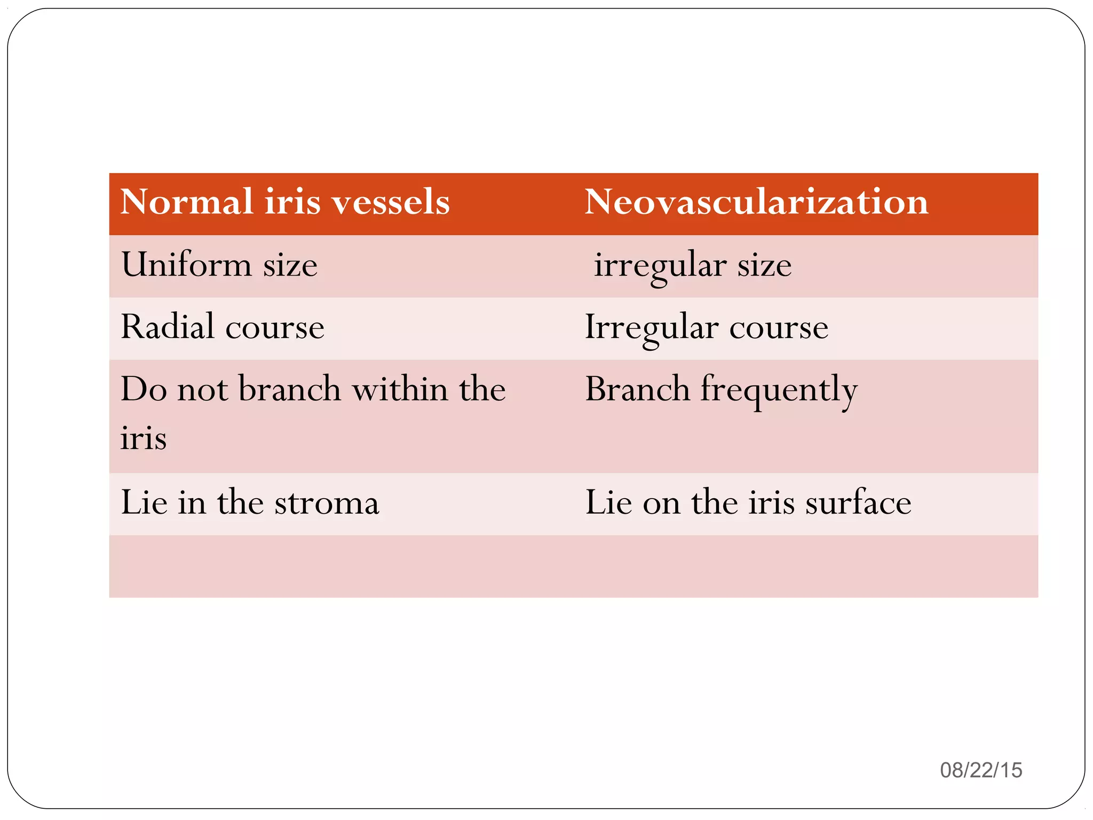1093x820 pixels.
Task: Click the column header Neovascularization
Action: pyautogui.click(x=756, y=202)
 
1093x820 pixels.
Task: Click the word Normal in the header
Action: pyautogui.click(x=186, y=202)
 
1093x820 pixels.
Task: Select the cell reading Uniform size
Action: pyautogui.click(x=219, y=265)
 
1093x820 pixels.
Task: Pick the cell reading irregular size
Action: pyautogui.click(x=693, y=265)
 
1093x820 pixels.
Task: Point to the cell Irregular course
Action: pyautogui.click(x=706, y=327)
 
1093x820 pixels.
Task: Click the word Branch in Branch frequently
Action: pyautogui.click(x=637, y=389)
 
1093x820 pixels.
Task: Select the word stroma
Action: pyautogui.click(x=327, y=503)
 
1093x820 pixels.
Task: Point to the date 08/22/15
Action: pyautogui.click(x=981, y=770)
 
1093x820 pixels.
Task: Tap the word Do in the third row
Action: pyautogui.click(x=144, y=389)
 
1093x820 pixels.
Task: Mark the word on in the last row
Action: pyautogui.click(x=661, y=503)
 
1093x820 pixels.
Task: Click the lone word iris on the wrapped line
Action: pyautogui.click(x=143, y=438)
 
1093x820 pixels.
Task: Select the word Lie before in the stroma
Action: pyautogui.click(x=143, y=502)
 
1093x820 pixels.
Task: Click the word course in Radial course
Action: pyautogui.click(x=274, y=328)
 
